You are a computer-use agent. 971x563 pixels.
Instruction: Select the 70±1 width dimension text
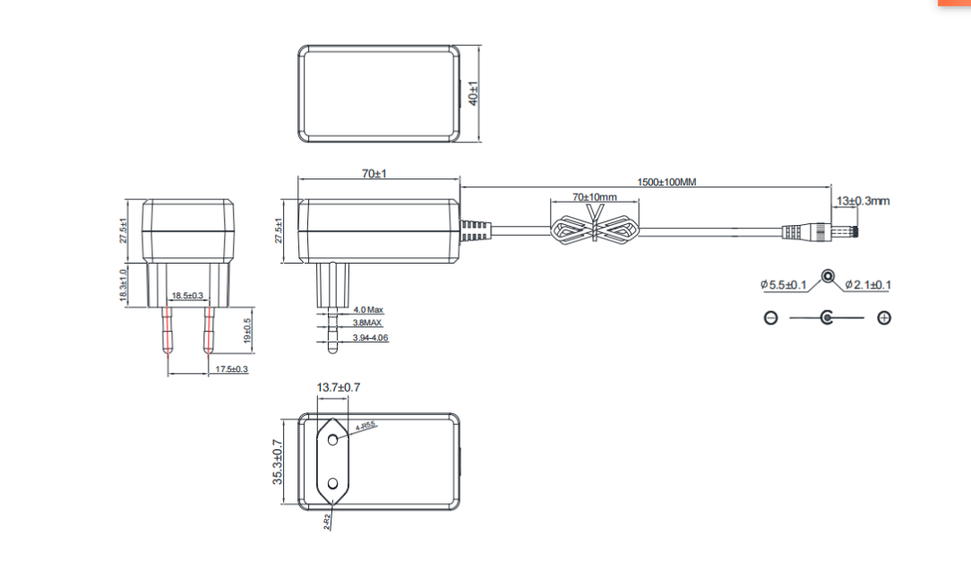(x=374, y=174)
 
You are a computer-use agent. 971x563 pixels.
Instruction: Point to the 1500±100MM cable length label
(x=666, y=182)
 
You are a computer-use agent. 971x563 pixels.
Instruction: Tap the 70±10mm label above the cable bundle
(x=595, y=197)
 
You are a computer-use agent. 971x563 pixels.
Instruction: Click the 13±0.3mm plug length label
(x=863, y=201)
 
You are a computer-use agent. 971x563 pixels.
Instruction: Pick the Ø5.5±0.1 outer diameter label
(x=784, y=285)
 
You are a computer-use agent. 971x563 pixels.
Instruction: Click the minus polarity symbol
(x=770, y=318)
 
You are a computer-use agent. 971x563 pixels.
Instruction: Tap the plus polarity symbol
(x=884, y=318)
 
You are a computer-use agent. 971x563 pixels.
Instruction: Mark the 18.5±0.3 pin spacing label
(x=187, y=295)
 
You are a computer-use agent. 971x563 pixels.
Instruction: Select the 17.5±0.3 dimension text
(x=232, y=369)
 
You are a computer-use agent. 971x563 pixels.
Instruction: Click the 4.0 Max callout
(x=367, y=309)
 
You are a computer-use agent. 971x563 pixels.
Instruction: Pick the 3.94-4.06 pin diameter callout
(x=370, y=338)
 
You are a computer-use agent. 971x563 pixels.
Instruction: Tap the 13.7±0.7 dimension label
(x=339, y=387)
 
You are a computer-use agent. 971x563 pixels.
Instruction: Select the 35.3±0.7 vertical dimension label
(x=278, y=462)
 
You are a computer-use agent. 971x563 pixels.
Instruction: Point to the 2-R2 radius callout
(x=329, y=520)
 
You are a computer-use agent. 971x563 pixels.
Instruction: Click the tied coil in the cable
(x=595, y=230)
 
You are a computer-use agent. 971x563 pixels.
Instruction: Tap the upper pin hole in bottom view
(x=332, y=439)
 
